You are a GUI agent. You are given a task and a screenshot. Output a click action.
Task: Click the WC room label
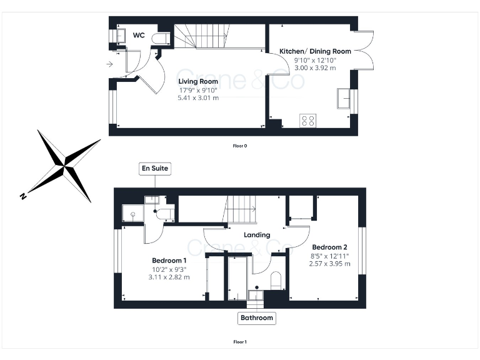click(139, 36)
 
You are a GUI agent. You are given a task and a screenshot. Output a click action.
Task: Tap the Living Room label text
click(197, 82)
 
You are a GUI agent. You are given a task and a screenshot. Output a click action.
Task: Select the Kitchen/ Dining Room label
click(315, 51)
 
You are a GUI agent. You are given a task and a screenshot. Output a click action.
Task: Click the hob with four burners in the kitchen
click(307, 120)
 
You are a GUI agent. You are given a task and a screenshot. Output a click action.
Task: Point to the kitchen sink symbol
click(344, 98)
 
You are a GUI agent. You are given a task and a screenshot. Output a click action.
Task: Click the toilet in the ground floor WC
click(161, 39)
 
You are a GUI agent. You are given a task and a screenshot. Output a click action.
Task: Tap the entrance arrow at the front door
click(110, 64)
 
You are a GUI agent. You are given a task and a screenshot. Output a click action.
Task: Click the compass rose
click(66, 165)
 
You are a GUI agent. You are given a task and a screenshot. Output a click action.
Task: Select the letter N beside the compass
click(23, 196)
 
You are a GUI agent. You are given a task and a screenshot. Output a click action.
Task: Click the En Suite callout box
click(154, 169)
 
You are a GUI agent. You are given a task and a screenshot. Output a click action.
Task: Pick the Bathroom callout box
click(257, 318)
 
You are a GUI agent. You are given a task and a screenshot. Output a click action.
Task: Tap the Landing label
click(257, 235)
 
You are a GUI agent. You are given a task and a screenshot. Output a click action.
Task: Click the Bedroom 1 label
click(169, 261)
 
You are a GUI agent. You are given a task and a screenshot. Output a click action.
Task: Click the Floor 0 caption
click(240, 146)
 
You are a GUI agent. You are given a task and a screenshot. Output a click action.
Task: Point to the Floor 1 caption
click(240, 342)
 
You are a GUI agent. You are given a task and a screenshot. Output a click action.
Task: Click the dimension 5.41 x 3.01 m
click(198, 98)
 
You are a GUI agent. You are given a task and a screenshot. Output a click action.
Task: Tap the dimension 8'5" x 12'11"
click(329, 256)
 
